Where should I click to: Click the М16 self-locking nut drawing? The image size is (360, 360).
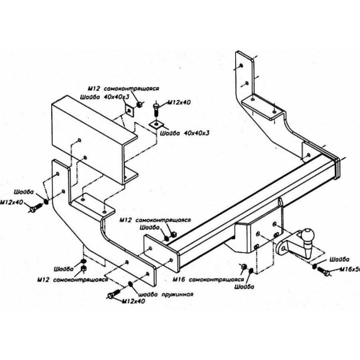(x=242, y=267)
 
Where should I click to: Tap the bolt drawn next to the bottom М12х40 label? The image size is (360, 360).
(x=114, y=295)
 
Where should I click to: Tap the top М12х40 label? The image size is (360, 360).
(x=178, y=102)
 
